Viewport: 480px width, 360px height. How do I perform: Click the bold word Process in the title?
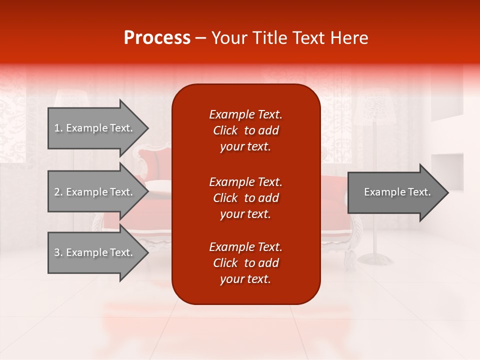(157, 38)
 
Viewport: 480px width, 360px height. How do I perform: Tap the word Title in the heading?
(271, 38)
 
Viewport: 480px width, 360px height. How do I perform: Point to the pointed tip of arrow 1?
(147, 128)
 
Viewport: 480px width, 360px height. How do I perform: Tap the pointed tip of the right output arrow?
(447, 192)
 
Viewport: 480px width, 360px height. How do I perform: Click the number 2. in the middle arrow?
(58, 192)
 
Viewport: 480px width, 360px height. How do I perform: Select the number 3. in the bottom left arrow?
(58, 252)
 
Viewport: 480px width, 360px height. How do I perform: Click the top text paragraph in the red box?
(245, 130)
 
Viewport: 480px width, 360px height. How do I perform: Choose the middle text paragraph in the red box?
(245, 198)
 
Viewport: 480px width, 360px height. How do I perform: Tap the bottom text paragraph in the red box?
(245, 263)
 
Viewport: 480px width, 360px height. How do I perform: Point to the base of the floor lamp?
(375, 258)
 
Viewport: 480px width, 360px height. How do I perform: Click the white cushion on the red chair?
(159, 188)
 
